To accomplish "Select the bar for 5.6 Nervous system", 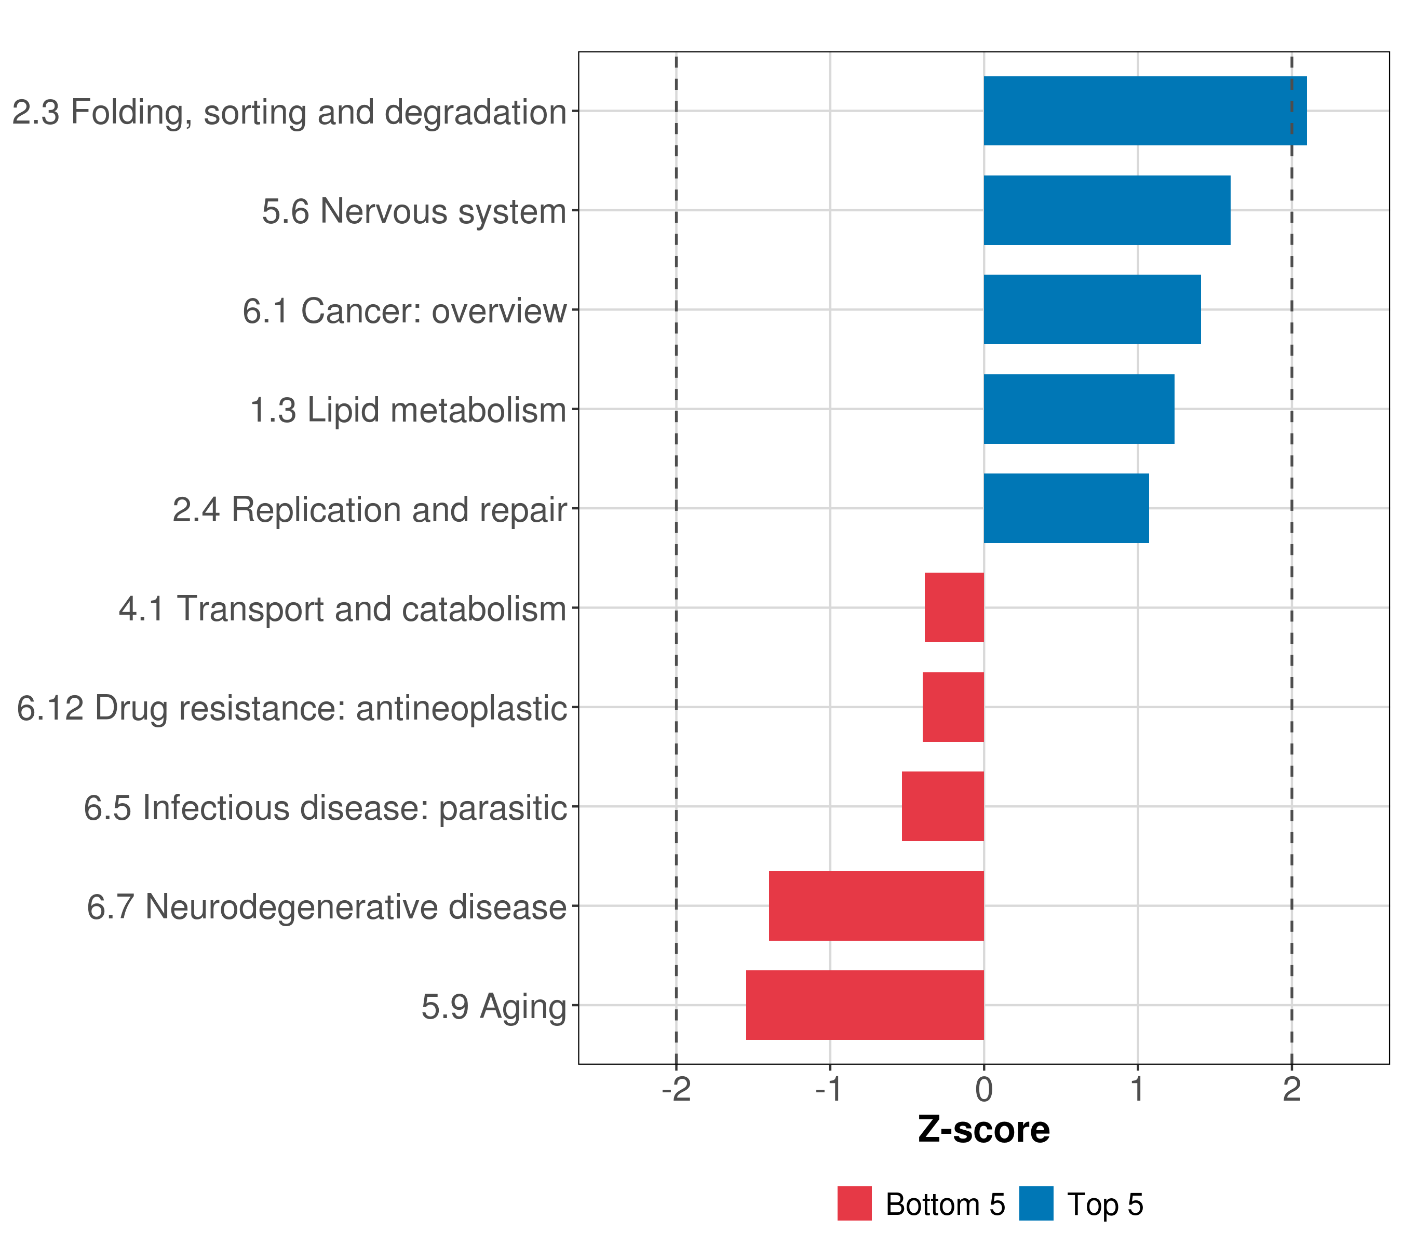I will point(1107,211).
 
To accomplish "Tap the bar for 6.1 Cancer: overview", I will point(1092,309).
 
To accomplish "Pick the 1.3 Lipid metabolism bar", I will point(1079,410).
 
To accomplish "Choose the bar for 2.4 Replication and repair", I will point(1066,508).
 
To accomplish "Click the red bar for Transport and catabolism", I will point(954,607).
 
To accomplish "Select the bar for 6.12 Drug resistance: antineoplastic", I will point(953,707).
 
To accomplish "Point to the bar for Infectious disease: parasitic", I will point(942,806).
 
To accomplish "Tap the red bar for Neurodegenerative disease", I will point(876,906).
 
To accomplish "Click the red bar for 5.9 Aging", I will point(865,1005).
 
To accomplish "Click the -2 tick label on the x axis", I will point(676,1090).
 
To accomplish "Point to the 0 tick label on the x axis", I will point(983,1090).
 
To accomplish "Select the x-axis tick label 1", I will point(1138,1090).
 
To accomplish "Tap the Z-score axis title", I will point(983,1130).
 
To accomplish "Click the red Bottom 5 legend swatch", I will point(854,1203).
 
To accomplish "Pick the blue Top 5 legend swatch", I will point(1036,1203).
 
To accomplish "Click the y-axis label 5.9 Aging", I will point(494,1007).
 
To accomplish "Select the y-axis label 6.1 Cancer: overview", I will point(404,310).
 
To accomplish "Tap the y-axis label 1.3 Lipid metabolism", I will point(408,410).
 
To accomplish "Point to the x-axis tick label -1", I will point(829,1090).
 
